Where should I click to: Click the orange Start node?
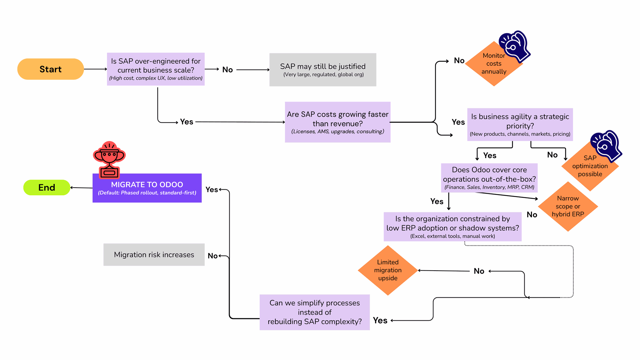(x=50, y=69)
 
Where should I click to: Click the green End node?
(x=47, y=187)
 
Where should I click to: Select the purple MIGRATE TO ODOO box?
(x=147, y=188)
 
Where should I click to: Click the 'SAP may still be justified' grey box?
(x=323, y=70)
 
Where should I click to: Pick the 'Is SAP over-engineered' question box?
(x=156, y=69)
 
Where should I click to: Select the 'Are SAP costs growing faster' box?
(x=337, y=122)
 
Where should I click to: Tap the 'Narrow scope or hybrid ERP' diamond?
(x=568, y=207)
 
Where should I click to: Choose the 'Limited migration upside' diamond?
(x=388, y=270)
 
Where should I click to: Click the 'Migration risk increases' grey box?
(x=154, y=255)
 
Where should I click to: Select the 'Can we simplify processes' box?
(x=314, y=312)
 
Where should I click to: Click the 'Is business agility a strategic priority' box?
(x=520, y=124)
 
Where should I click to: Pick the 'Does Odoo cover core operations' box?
(x=489, y=178)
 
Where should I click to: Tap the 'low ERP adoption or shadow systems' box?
(x=452, y=227)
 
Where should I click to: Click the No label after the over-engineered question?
(x=227, y=70)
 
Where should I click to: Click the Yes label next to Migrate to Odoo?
(x=212, y=190)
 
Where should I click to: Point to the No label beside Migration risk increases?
(x=213, y=256)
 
